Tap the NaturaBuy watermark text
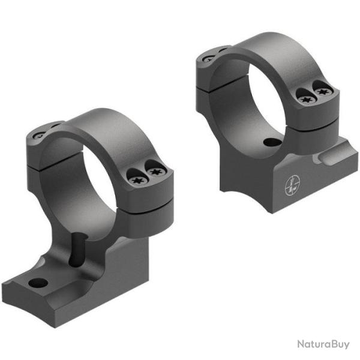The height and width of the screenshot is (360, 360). (322, 344)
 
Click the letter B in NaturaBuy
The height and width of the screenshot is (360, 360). (331, 344)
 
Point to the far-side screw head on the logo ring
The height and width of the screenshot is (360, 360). (208, 58)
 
